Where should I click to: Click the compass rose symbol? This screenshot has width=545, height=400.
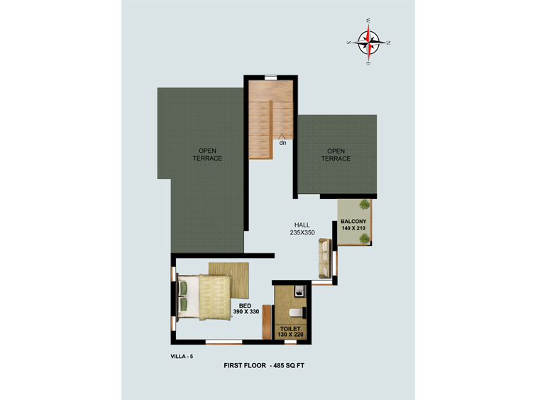pos(368,42)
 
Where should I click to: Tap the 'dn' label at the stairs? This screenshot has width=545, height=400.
pos(282,143)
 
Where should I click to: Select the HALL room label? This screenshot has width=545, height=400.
pos(302,225)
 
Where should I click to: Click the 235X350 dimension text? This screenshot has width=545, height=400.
pos(302,232)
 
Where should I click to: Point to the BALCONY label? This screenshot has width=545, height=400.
pos(353,222)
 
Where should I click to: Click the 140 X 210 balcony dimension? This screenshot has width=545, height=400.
pos(353,228)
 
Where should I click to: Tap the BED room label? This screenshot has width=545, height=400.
pos(245,306)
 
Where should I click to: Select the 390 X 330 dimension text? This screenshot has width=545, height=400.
pos(246,312)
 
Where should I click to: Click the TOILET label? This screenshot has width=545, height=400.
pos(290,329)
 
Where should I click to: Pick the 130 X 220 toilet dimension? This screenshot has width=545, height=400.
pos(290,335)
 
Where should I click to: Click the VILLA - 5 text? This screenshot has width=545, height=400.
pos(182,357)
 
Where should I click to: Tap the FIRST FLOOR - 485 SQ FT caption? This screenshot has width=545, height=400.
pos(264,365)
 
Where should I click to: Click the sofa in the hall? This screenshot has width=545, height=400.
pos(325,259)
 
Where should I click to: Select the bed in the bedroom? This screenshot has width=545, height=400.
pos(204,298)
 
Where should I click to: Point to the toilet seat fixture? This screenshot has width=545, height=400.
pos(297,313)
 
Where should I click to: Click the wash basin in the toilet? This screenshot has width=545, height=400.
pos(300,291)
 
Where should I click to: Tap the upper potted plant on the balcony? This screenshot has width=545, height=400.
pos(364,205)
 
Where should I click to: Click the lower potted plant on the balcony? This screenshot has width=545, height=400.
pos(364,239)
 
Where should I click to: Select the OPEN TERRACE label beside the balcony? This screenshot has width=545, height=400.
pos(336,155)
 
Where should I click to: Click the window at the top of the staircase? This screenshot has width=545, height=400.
pos(271,77)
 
